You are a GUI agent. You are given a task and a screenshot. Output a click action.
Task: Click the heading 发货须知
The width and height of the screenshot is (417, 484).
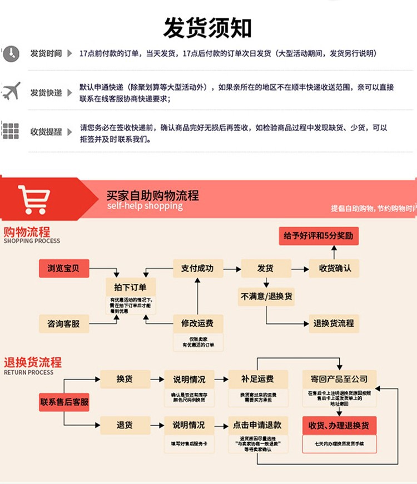point(207,27)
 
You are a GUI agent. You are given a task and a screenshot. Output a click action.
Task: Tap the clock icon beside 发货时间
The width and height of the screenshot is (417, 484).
point(10,54)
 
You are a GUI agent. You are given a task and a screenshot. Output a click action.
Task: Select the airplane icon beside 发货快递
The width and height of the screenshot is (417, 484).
point(11,91)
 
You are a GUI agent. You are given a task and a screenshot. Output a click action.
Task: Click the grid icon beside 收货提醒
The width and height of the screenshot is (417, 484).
point(11,132)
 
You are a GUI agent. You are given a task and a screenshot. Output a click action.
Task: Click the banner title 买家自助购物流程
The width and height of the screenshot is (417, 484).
point(152,196)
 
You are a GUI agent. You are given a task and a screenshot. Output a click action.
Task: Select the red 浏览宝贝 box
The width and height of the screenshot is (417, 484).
point(63,268)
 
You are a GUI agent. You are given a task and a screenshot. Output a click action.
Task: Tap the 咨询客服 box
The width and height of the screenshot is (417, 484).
point(63,323)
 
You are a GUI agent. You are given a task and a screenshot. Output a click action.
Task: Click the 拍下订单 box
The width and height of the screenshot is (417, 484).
point(130,287)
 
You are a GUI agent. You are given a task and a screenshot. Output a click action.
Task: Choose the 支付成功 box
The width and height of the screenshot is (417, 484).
point(197,268)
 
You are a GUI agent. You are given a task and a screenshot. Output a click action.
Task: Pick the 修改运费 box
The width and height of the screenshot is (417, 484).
point(197,323)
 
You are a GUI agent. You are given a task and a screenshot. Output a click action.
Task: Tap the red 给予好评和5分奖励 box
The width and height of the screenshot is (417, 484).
point(318,236)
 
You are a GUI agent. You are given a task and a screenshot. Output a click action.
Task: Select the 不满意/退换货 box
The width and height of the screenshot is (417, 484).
point(266,296)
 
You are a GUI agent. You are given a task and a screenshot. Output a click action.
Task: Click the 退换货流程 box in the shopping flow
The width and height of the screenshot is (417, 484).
point(333,323)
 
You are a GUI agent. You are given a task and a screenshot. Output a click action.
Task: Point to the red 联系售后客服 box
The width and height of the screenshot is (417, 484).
point(64,401)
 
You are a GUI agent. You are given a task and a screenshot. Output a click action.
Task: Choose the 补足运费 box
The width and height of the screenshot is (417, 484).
point(257,380)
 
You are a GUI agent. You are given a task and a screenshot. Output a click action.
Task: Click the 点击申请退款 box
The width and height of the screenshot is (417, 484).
point(257,426)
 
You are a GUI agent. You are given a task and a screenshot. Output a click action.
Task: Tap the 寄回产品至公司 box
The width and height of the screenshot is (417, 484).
point(339,380)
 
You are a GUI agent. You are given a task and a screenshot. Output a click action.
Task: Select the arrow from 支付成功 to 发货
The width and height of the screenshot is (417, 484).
point(231,269)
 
